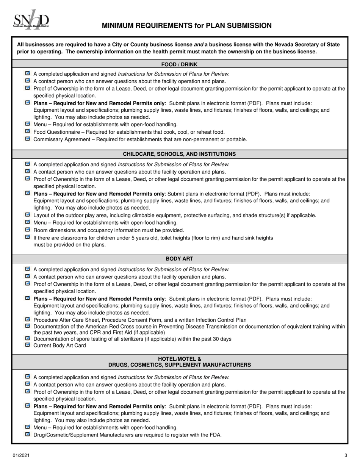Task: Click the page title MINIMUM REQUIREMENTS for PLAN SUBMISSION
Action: point(186,26)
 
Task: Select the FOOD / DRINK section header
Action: point(179,64)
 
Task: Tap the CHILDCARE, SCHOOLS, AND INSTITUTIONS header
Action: point(179,154)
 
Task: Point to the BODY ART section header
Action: point(179,259)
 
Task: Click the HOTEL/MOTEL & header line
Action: point(179,359)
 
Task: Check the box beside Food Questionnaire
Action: point(27,131)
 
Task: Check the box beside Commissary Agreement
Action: point(27,139)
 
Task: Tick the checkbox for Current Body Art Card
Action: point(27,345)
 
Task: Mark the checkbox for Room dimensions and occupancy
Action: point(27,230)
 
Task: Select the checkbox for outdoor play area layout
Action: point(27,214)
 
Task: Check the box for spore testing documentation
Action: point(27,338)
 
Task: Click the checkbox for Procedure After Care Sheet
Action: point(27,319)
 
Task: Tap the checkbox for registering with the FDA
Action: point(27,434)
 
